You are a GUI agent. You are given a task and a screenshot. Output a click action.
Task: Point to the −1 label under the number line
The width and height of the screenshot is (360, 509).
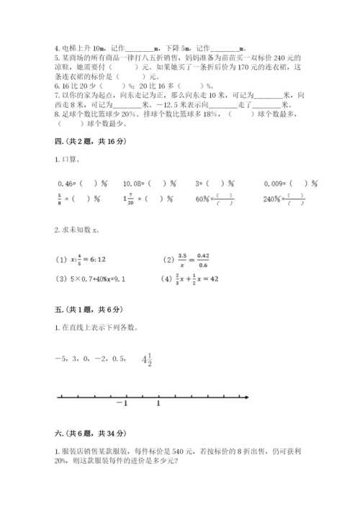(x=121, y=404)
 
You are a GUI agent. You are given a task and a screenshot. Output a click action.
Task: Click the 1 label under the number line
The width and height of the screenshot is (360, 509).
(x=158, y=404)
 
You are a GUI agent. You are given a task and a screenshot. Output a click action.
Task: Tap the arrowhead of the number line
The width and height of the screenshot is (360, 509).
(x=248, y=395)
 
